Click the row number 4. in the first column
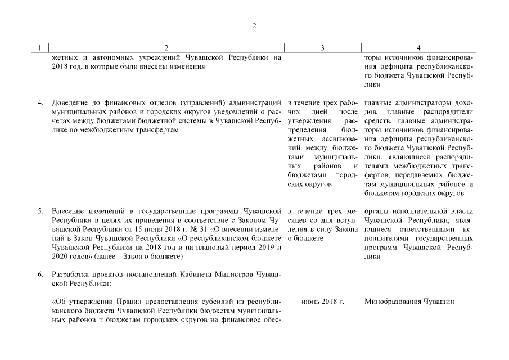tap(40, 102)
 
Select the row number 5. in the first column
tap(40, 212)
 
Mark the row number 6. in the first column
tap(40, 274)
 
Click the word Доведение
tap(70, 102)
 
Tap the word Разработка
tap(71, 274)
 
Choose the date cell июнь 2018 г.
tap(322, 302)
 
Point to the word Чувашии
tap(442, 302)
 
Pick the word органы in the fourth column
tap(376, 212)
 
